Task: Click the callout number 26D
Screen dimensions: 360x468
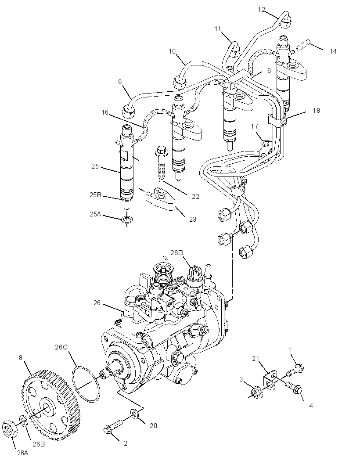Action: pos(176,253)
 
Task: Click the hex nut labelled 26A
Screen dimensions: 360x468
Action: pos(9,429)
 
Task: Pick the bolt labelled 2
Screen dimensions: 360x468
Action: pos(113,426)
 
